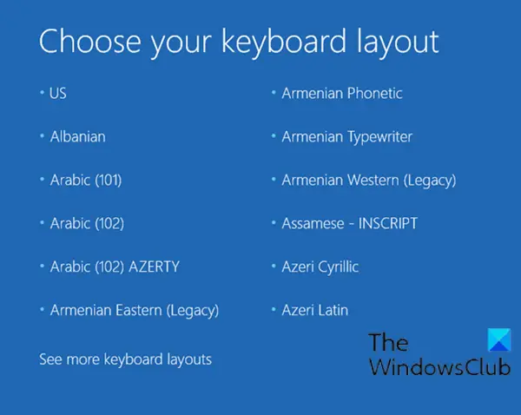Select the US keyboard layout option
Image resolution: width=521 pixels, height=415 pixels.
[x=58, y=94]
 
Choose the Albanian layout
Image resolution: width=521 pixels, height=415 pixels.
[x=78, y=136]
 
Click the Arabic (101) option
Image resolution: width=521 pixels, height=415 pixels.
[x=86, y=180]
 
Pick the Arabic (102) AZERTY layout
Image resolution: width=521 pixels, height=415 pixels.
[x=115, y=267]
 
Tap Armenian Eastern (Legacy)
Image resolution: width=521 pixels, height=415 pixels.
[x=135, y=311]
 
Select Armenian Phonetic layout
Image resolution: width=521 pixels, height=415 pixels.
[x=342, y=94]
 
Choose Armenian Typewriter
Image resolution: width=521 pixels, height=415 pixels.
[x=346, y=137]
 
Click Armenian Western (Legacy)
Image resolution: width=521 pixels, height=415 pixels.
[x=369, y=181]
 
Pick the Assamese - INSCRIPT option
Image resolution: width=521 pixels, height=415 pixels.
[x=350, y=223]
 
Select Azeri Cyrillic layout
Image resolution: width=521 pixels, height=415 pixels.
[x=320, y=267]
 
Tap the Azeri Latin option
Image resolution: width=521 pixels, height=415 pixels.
[x=315, y=310]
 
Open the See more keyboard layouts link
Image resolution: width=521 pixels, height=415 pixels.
[x=125, y=359]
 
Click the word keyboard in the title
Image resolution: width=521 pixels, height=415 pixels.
[x=284, y=43]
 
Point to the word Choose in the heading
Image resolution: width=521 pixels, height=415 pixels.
[x=89, y=41]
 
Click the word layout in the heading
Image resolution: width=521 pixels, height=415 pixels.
[x=398, y=43]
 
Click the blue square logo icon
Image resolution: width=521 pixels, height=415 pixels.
[x=499, y=340]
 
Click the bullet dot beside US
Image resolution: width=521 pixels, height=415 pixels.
[x=42, y=92]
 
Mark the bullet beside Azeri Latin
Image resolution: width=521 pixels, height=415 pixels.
[x=274, y=309]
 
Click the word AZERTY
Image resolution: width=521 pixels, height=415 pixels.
[x=155, y=267]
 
